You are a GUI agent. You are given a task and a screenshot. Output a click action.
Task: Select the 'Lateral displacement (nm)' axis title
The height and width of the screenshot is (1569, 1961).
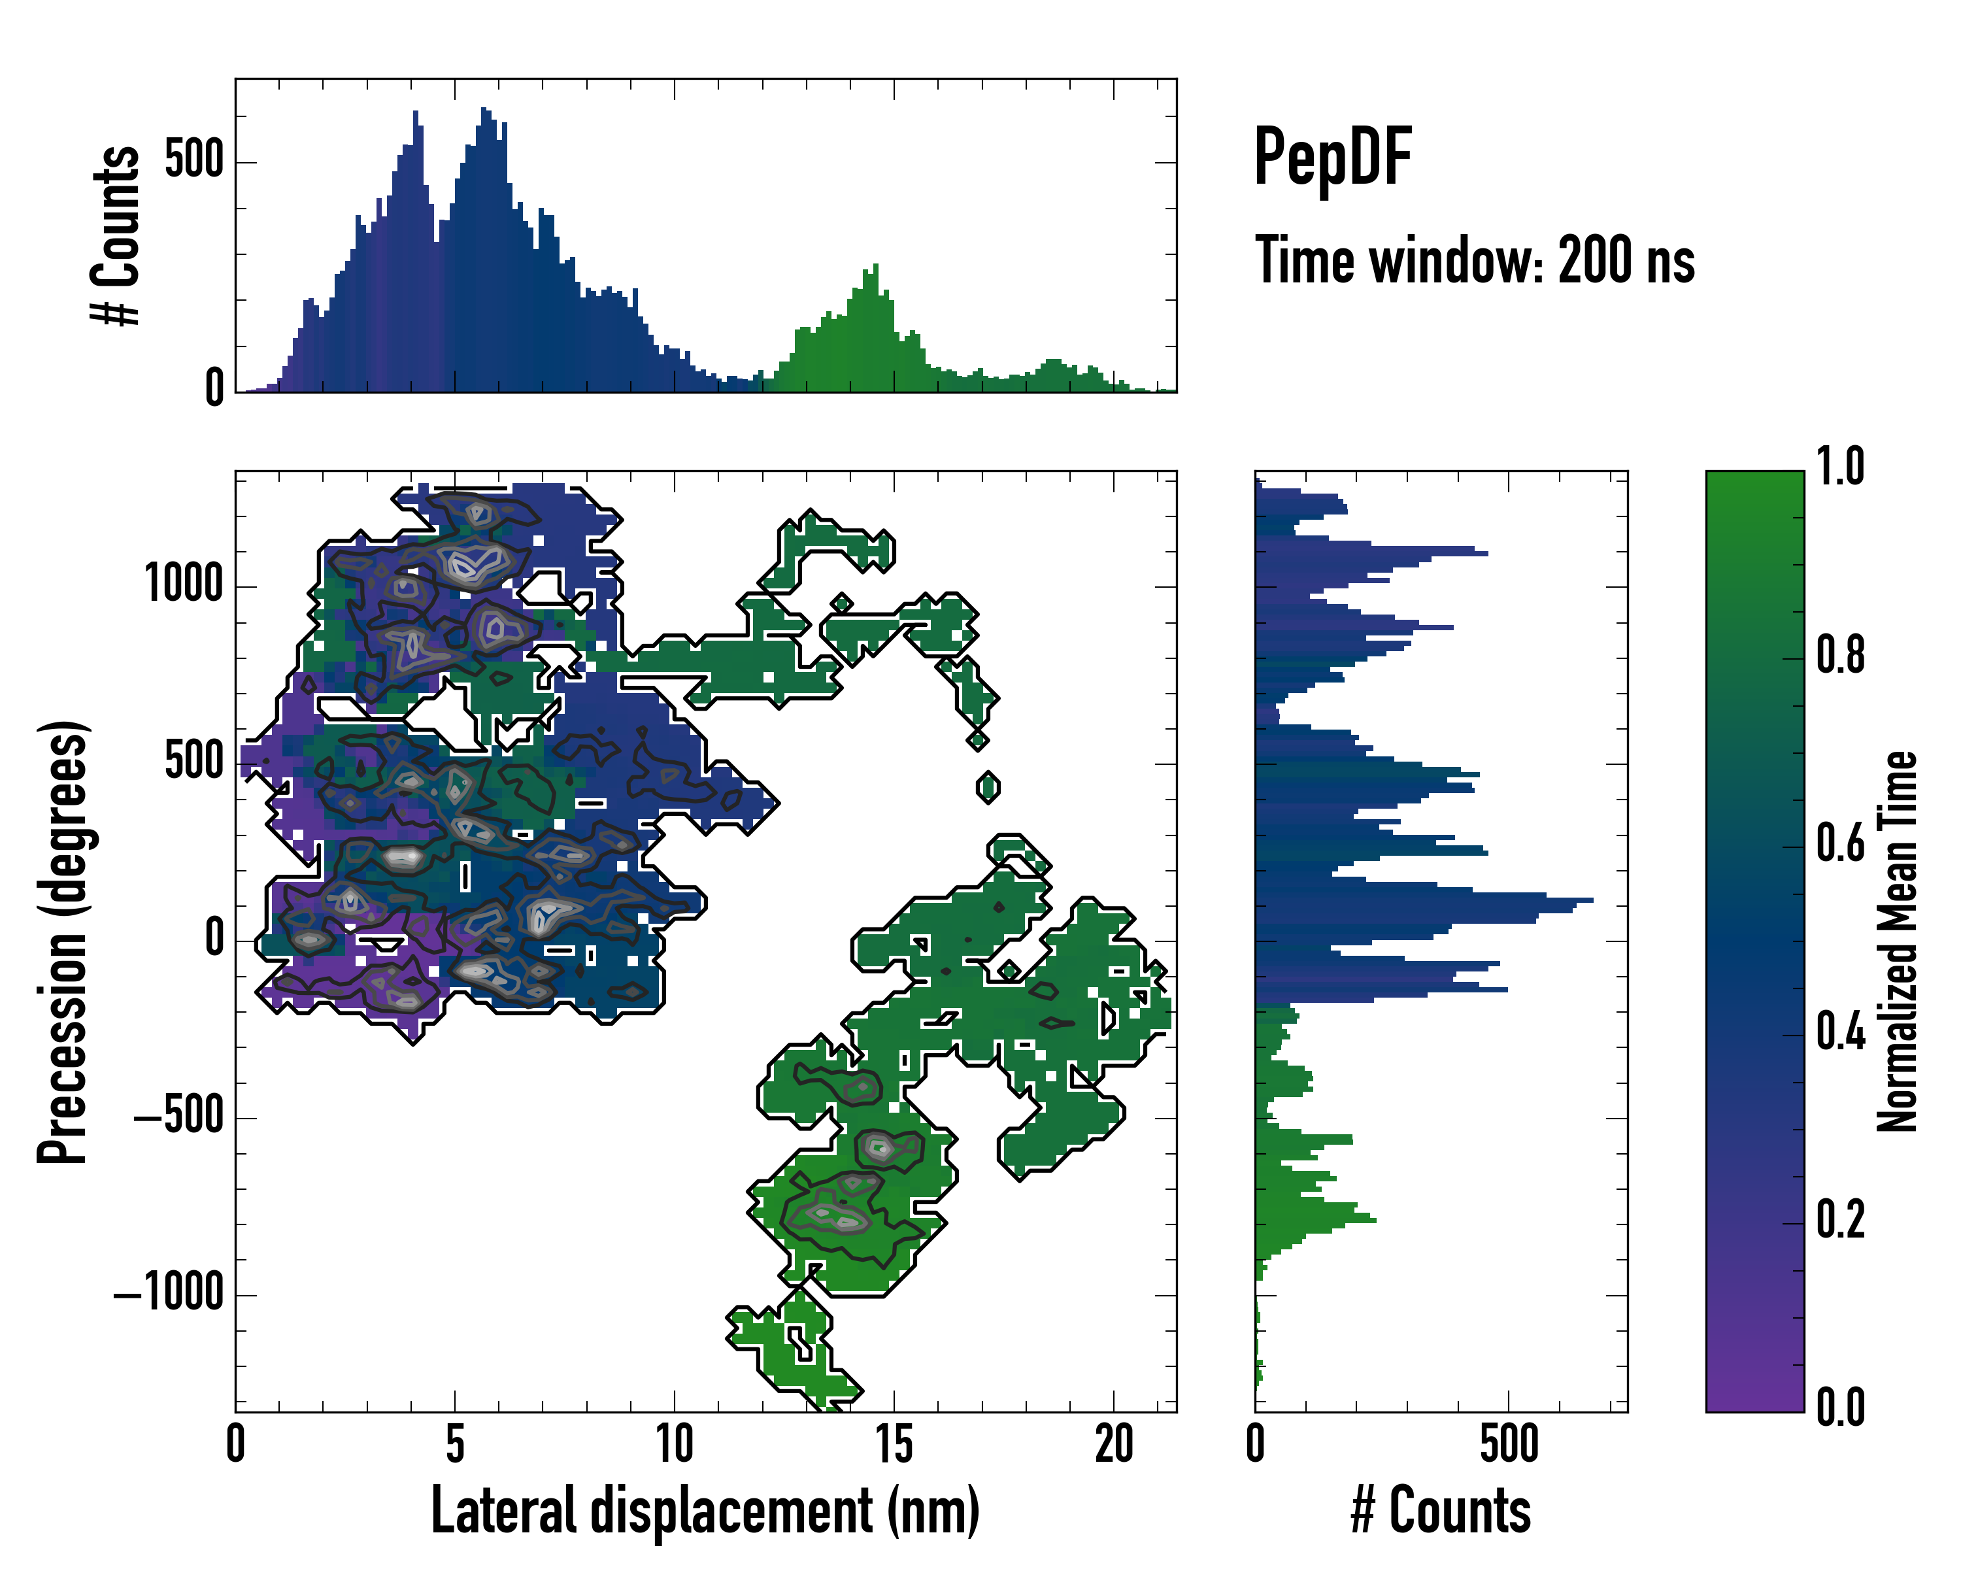(705, 1511)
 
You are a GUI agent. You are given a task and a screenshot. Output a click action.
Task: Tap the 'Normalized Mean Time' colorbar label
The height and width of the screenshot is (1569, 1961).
(1896, 941)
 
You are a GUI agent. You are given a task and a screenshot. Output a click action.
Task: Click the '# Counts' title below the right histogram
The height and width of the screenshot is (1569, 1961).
(1441, 1511)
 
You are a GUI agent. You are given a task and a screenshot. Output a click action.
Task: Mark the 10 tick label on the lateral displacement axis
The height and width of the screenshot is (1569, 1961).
(674, 1444)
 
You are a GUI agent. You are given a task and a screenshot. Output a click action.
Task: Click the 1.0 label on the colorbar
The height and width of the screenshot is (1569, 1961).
(1840, 467)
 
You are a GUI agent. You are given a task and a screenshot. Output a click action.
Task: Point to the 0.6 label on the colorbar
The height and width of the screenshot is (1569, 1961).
(1840, 844)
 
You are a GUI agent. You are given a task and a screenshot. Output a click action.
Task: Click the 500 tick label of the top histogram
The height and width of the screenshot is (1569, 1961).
(193, 161)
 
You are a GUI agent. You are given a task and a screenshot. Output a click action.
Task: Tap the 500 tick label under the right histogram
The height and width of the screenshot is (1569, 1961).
(1508, 1444)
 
